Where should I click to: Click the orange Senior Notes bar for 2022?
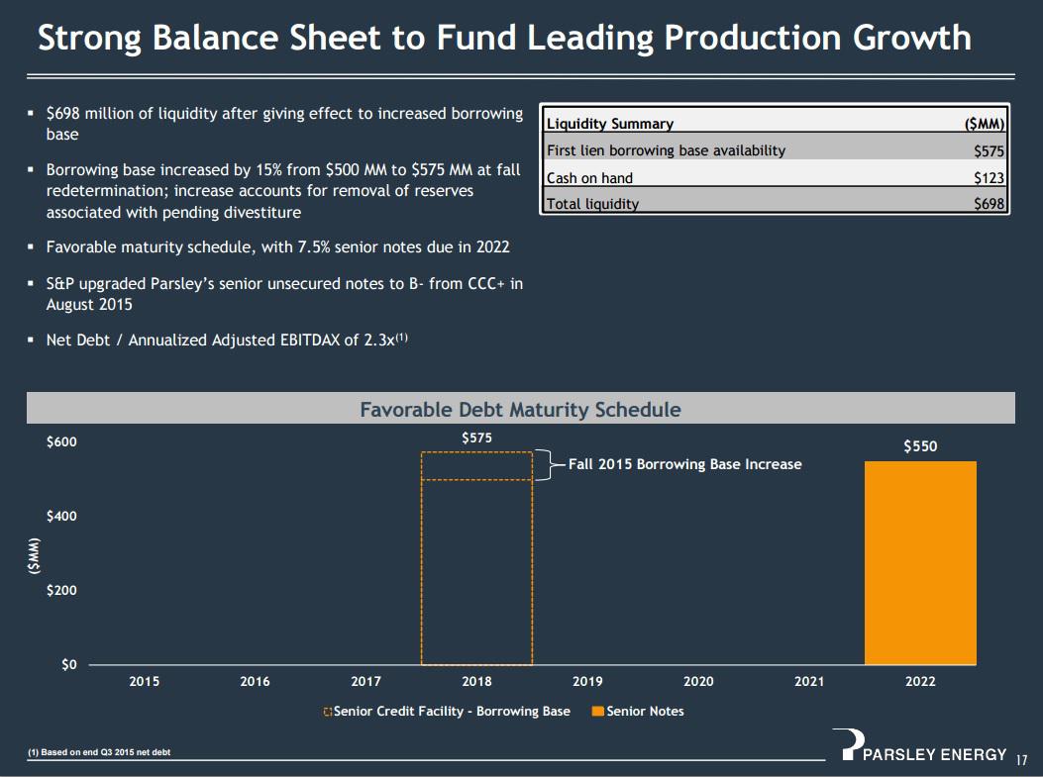(920, 563)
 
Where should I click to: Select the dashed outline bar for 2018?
(476, 559)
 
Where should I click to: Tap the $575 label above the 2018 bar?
(476, 437)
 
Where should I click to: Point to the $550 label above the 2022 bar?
(920, 446)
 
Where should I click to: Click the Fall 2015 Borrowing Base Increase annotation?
(684, 464)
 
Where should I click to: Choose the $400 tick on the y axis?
(61, 517)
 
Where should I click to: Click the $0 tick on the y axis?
(67, 664)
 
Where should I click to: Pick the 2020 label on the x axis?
(698, 682)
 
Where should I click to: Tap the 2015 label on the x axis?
(145, 682)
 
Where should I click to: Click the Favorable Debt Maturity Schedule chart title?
(520, 409)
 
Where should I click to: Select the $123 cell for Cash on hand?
(989, 178)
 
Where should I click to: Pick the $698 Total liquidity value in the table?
(989, 204)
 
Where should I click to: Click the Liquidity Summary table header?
(610, 124)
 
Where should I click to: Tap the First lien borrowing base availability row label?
(666, 150)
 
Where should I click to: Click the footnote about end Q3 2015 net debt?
(99, 753)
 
